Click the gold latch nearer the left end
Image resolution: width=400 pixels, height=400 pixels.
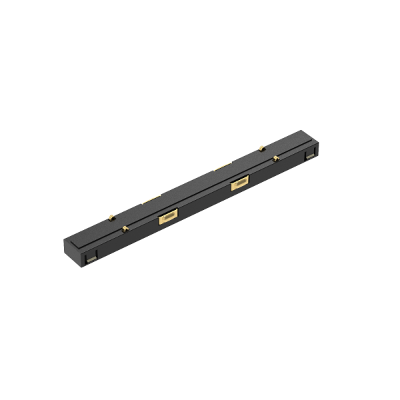pos(167,217)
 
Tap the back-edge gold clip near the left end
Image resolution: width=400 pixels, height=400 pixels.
pos(111,218)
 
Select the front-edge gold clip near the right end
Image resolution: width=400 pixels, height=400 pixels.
pos(275,159)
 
